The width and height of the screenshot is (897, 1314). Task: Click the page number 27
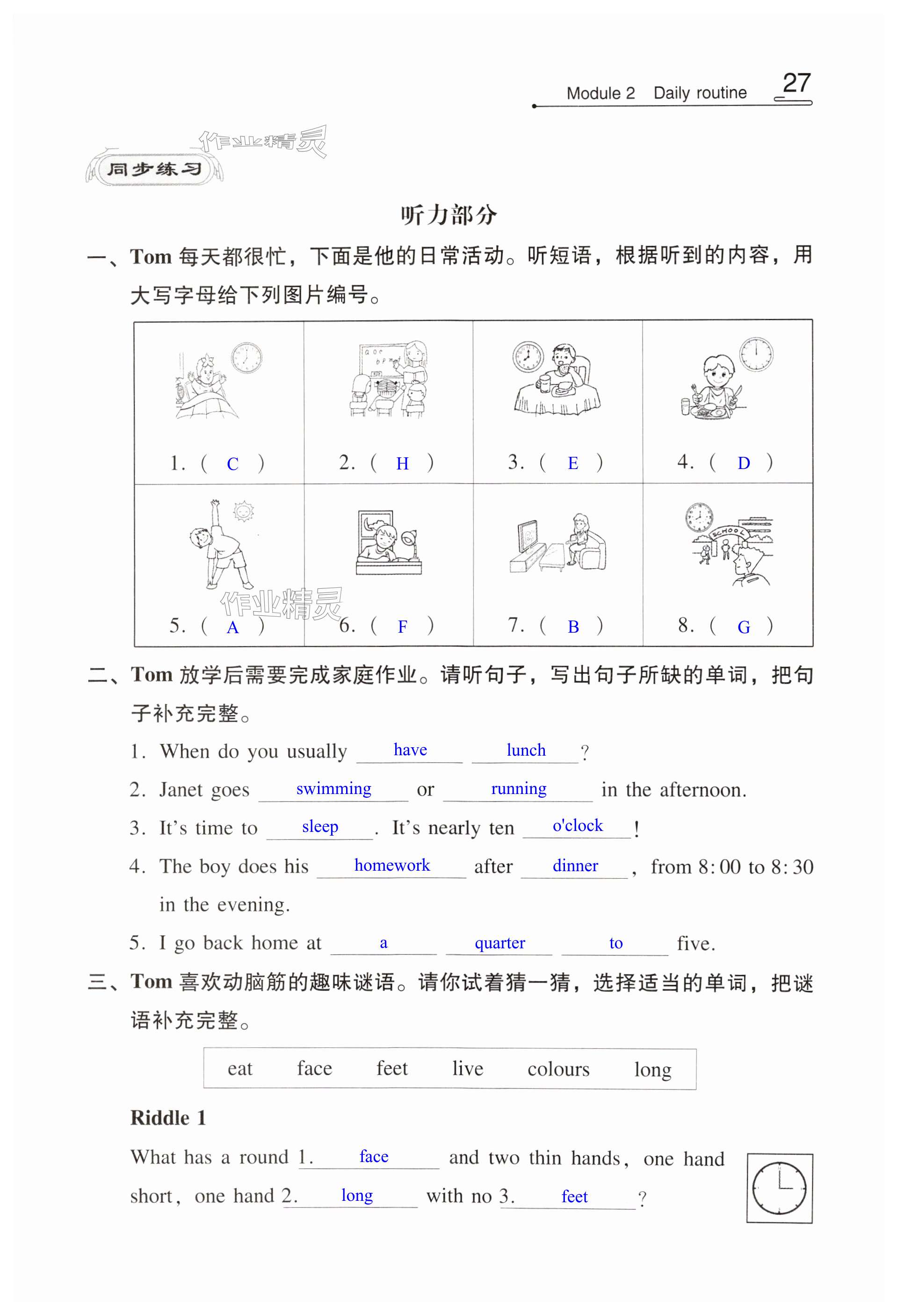[796, 83]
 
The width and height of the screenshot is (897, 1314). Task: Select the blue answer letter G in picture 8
[744, 627]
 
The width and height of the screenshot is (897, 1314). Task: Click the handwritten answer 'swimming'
[334, 789]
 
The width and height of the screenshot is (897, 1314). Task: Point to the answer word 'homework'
[392, 865]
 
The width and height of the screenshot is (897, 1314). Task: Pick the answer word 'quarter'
[499, 943]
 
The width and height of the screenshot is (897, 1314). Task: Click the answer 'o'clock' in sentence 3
[578, 826]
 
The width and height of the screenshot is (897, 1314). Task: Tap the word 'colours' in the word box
[558, 1069]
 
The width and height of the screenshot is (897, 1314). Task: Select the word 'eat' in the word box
[240, 1069]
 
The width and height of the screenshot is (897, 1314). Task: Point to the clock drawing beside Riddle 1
[779, 1188]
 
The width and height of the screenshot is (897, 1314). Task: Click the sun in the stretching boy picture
[244, 512]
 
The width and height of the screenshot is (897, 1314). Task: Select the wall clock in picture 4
[757, 354]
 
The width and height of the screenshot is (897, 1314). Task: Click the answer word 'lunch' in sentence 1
[526, 751]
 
